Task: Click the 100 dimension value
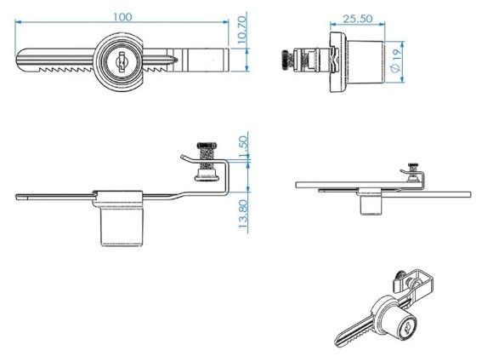point(122,17)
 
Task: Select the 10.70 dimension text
point(242,30)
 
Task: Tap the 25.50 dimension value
point(358,19)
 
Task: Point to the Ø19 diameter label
point(396,60)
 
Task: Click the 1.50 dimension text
point(242,147)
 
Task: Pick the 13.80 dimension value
point(243,214)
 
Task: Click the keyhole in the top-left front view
point(121,61)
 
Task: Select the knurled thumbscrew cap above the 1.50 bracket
point(207,145)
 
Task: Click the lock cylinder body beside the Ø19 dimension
point(366,62)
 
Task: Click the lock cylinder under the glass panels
point(371,204)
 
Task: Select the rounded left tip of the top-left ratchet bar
point(19,60)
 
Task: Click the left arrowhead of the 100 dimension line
point(18,21)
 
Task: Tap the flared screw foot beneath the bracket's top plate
point(207,176)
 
